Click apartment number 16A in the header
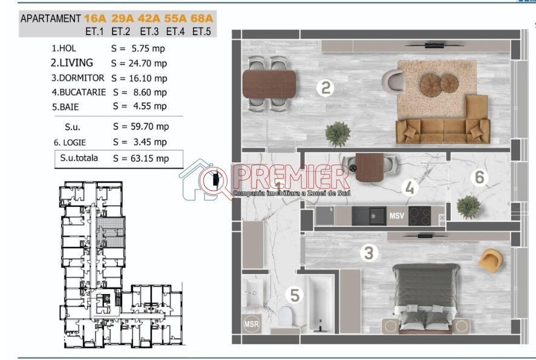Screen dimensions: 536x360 (x=95, y=18)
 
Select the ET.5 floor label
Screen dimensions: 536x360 (x=201, y=31)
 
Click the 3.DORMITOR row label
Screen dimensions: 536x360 (x=78, y=78)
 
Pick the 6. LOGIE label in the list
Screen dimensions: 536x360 (x=70, y=143)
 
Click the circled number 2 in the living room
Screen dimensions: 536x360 (x=325, y=88)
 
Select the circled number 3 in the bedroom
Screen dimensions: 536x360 (x=369, y=253)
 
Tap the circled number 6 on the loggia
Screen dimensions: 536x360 (x=479, y=177)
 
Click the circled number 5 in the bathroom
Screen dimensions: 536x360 (x=295, y=295)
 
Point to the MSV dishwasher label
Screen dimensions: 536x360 (x=396, y=216)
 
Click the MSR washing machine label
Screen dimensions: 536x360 (x=251, y=324)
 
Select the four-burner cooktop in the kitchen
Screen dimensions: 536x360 (x=419, y=216)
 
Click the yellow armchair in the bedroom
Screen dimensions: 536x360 (x=491, y=261)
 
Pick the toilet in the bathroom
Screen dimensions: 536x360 (x=285, y=316)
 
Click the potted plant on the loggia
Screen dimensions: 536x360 (x=468, y=207)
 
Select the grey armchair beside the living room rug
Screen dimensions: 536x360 (x=393, y=80)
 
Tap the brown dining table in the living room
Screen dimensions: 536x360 (x=269, y=84)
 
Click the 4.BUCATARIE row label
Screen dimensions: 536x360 (x=79, y=93)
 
